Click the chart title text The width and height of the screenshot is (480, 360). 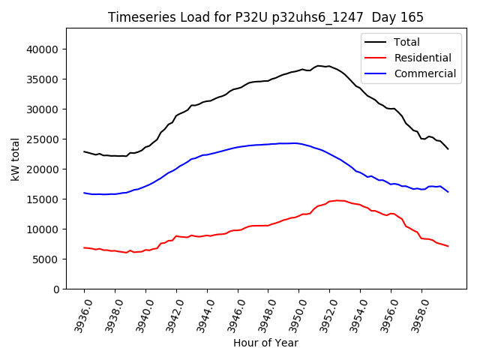[265, 17]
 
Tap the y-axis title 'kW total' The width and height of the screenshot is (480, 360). [16, 158]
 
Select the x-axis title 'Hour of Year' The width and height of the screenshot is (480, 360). [265, 343]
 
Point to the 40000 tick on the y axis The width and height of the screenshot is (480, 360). [43, 49]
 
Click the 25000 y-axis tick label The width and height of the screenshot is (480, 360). [43, 139]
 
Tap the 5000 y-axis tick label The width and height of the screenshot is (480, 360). [46, 259]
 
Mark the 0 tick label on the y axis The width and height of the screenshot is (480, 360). [56, 289]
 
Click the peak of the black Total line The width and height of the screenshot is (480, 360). [319, 66]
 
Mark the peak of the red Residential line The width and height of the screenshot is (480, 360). [337, 200]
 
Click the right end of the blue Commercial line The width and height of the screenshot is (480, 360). [448, 192]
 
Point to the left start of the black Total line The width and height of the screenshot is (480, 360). [84, 151]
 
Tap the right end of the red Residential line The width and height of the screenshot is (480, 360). [448, 246]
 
